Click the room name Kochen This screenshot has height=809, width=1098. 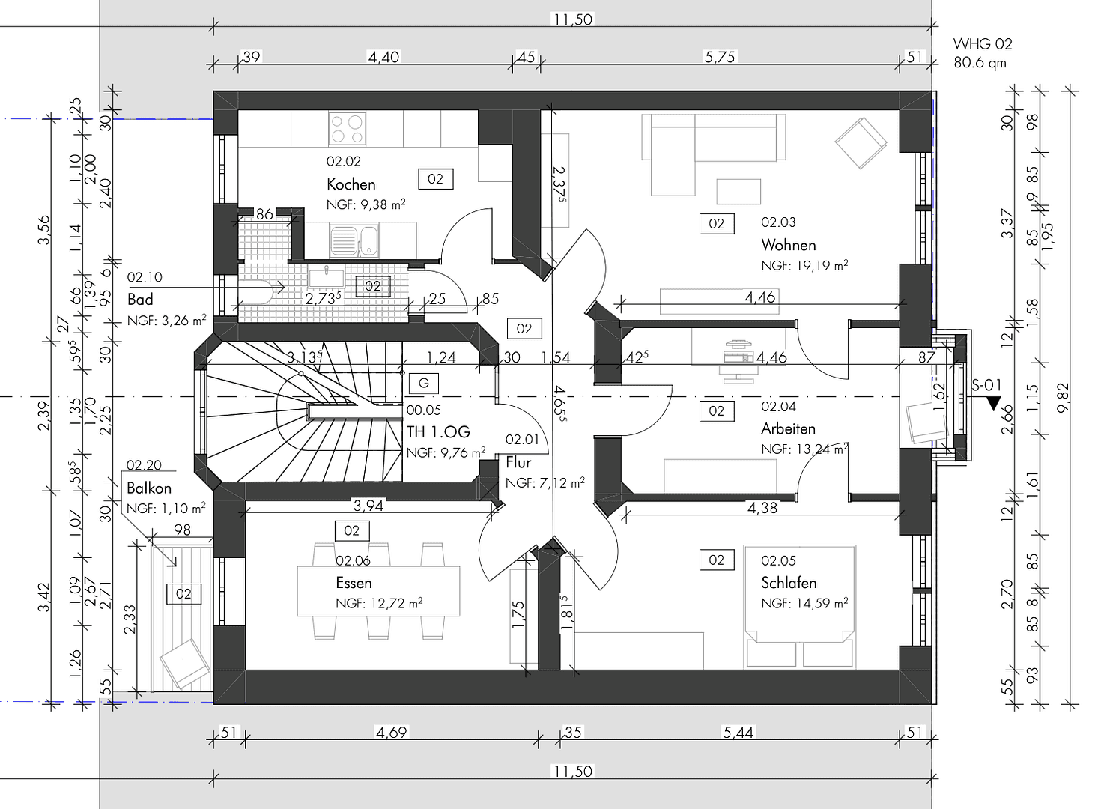point(351,184)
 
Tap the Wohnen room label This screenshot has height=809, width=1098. point(788,245)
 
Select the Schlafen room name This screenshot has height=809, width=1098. point(788,583)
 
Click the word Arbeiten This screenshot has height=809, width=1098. point(788,429)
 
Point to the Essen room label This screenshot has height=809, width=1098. point(354,583)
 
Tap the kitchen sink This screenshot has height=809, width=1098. point(358,240)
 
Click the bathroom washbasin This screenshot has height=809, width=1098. point(326,277)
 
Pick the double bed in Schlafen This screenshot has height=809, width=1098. point(800,607)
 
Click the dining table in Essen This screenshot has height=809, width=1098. point(379,591)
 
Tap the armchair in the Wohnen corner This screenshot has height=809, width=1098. point(861,143)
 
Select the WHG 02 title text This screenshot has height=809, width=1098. point(982,44)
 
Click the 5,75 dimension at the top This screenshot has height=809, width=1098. point(720,57)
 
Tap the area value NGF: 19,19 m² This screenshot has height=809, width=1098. point(804,265)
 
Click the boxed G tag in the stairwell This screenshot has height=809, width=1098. point(423,384)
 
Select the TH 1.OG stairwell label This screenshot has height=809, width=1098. point(438,432)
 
